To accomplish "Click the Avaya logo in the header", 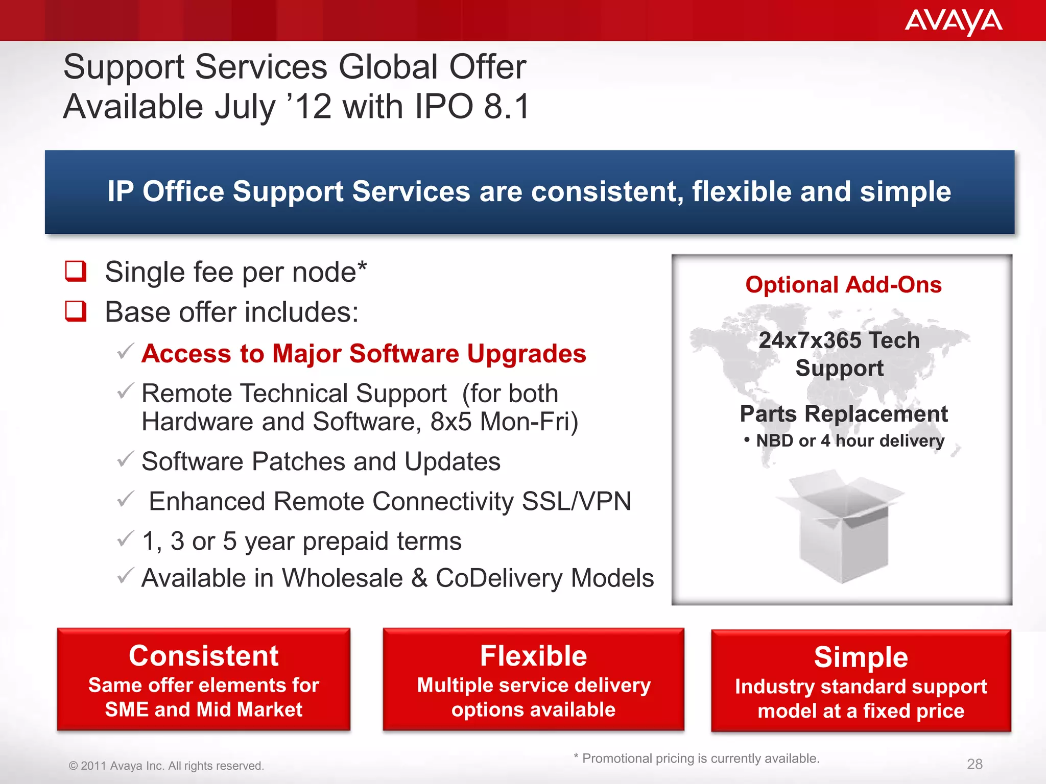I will [x=953, y=21].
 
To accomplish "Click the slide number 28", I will [x=974, y=764].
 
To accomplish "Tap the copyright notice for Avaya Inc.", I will [x=167, y=766].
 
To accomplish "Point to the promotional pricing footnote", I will [x=697, y=758].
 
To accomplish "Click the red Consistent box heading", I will [x=203, y=656].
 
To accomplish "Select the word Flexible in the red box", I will [x=533, y=656].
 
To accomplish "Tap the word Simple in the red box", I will [x=861, y=657].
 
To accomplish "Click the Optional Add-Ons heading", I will [x=843, y=285].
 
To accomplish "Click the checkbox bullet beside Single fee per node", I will [x=76, y=271].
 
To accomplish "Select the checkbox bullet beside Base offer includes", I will [x=76, y=311].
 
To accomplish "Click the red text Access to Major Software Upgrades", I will [x=364, y=354].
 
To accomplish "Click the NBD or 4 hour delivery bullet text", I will [x=850, y=440].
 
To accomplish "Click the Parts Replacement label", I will [x=843, y=414].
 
